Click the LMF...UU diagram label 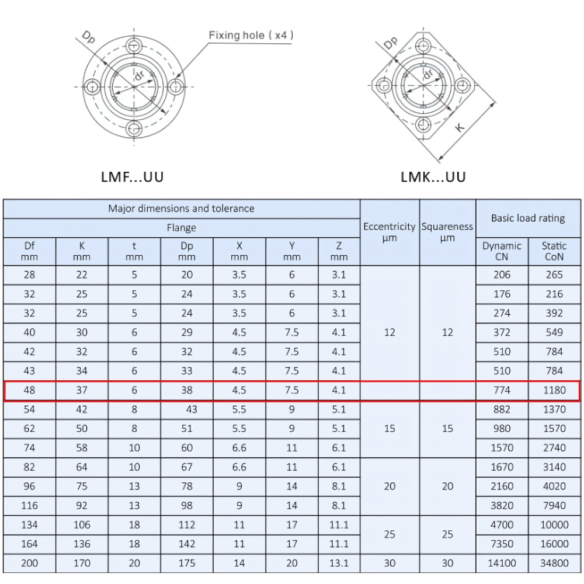133,176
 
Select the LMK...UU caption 433,176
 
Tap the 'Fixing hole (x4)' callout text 251,35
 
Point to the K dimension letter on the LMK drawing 460,126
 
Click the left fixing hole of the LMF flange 92,87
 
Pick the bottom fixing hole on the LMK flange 423,123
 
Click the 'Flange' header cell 181,228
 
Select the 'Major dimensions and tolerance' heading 181,208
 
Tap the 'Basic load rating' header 528,218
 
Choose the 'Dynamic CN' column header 502,251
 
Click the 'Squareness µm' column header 447,232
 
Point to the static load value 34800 554,563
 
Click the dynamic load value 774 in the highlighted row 502,390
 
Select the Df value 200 29,563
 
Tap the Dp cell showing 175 187,563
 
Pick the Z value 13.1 339,563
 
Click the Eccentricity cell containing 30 390,563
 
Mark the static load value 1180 554,390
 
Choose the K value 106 82,525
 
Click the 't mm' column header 134,251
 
